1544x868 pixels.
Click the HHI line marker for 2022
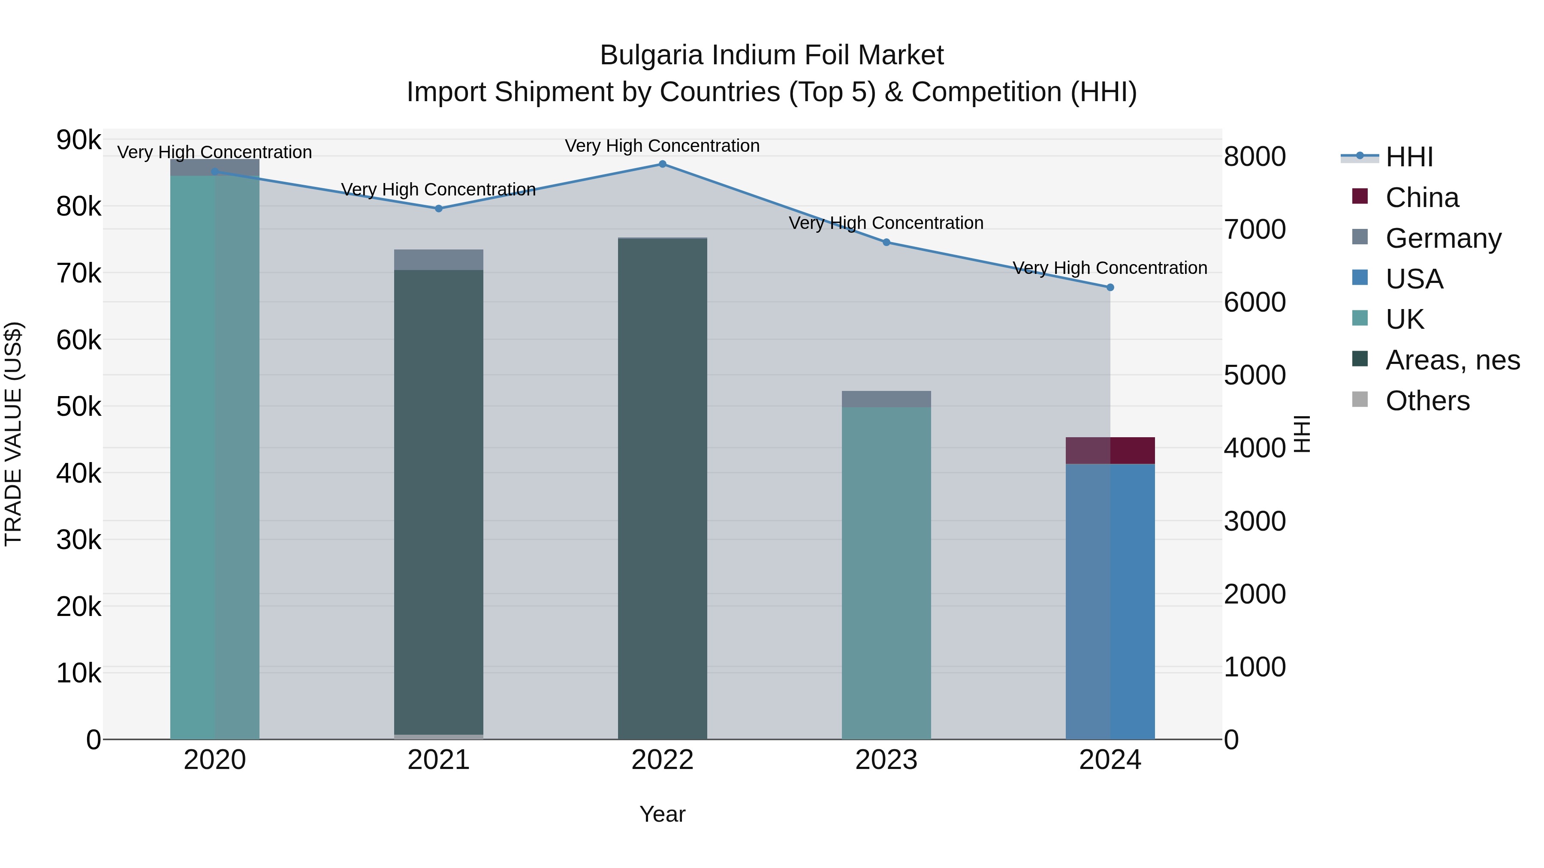[662, 164]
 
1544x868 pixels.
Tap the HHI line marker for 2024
[1110, 288]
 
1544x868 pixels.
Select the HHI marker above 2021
[439, 208]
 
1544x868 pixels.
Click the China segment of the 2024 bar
[1110, 451]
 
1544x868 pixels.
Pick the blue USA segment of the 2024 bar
[1110, 599]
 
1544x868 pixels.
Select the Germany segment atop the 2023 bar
[887, 399]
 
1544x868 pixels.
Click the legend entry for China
[1422, 198]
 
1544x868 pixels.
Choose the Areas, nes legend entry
[1452, 360]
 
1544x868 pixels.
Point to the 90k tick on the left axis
[78, 140]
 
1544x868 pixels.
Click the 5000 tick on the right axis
[1254, 375]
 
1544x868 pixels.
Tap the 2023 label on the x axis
[886, 760]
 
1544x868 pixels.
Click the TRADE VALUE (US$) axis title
[13, 434]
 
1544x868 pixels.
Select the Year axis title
[662, 814]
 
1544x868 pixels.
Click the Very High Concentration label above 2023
[886, 223]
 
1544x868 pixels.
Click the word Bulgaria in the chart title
[651, 55]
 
